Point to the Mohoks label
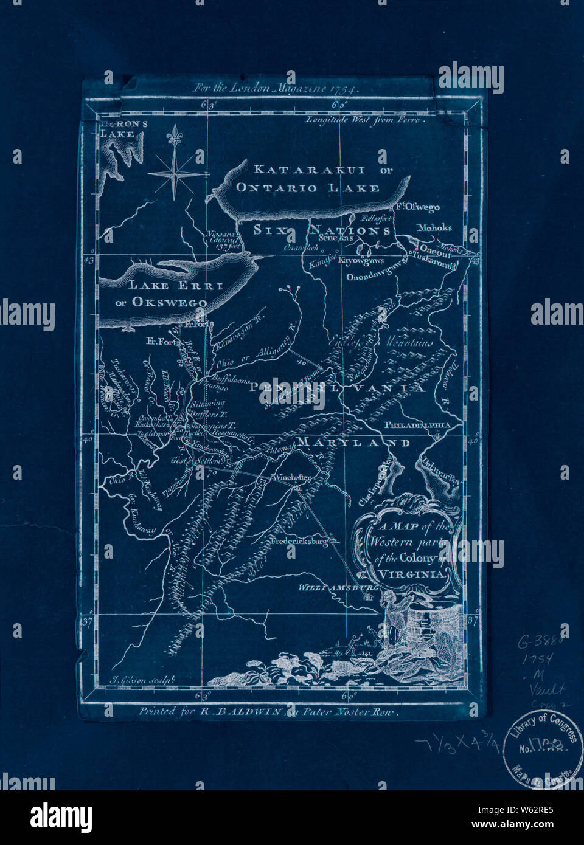(434, 228)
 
